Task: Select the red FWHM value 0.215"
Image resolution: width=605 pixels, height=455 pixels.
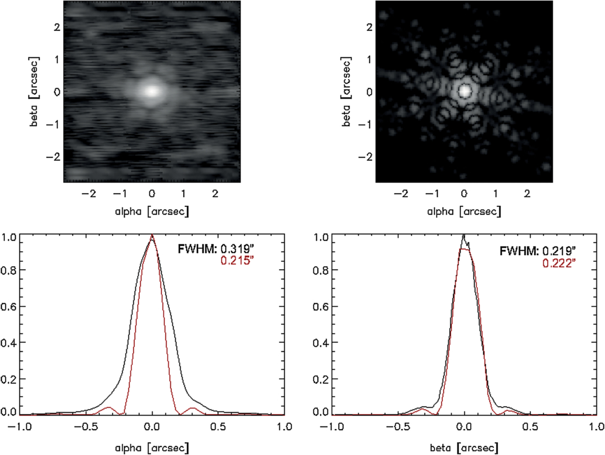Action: coord(238,261)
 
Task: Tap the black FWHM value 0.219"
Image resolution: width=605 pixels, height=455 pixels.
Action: coord(559,251)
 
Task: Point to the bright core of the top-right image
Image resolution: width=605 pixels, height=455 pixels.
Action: coord(465,91)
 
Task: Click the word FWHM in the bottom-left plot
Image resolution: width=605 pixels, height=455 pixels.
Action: coord(197,249)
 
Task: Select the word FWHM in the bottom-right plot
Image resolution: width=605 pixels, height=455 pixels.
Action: coord(519,251)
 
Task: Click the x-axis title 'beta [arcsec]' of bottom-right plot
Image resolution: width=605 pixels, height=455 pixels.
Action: coord(464,448)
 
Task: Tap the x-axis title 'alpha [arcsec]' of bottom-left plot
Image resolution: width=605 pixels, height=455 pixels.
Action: coord(152,448)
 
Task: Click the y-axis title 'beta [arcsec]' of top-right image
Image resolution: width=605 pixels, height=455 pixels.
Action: coord(346,91)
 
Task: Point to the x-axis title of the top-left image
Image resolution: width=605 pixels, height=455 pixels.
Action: coord(152,211)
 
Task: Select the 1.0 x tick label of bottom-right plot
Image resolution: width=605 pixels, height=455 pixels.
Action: coord(597,426)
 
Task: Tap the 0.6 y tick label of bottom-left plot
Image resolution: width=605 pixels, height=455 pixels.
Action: coord(8,306)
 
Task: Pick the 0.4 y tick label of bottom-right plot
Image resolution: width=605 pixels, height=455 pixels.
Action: coord(321,343)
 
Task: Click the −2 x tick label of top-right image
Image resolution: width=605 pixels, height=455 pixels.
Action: coord(402,193)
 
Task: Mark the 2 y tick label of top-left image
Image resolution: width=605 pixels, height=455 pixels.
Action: coord(57,27)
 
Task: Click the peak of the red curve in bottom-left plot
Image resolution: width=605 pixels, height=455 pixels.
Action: coord(152,234)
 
